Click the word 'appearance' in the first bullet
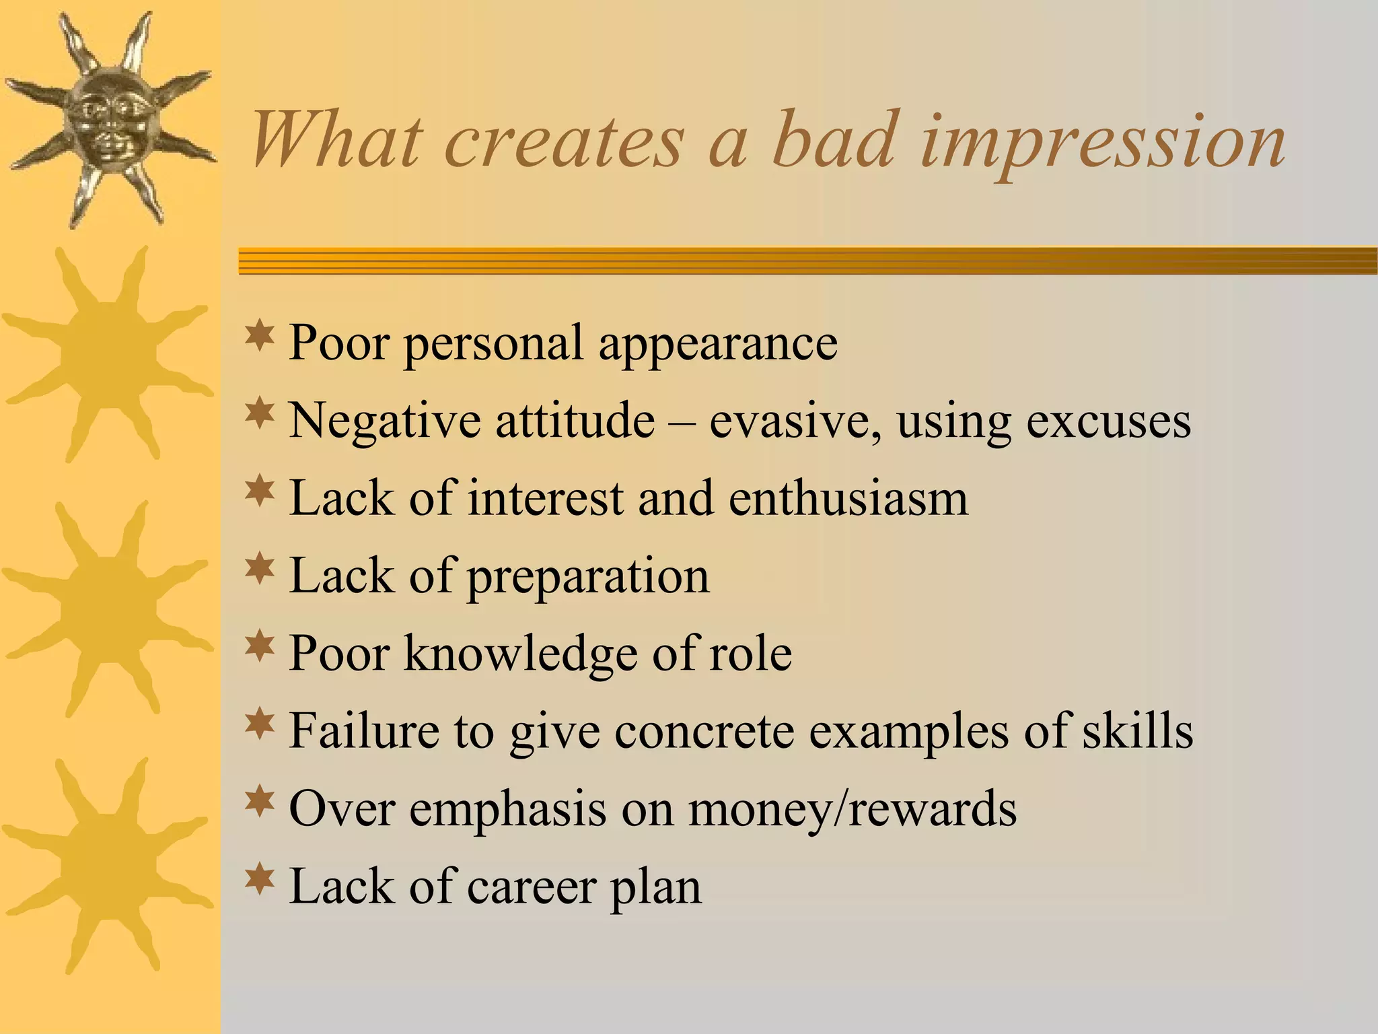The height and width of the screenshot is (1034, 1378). [718, 345]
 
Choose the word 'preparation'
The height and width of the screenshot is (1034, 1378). [588, 578]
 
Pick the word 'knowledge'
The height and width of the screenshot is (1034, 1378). [520, 654]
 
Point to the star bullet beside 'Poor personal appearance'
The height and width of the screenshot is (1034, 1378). [260, 337]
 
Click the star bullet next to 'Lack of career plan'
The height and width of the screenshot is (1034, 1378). [260, 879]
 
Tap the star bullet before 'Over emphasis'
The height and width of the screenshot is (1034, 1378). [260, 802]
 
